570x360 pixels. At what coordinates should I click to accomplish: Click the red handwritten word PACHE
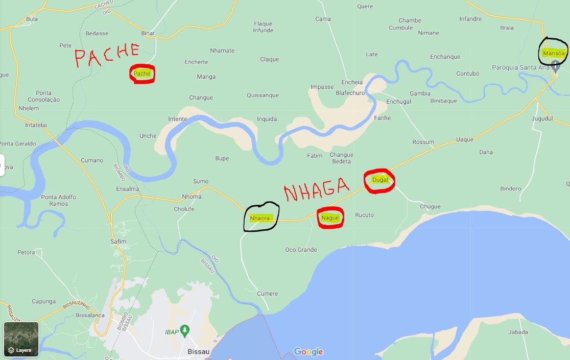(107, 55)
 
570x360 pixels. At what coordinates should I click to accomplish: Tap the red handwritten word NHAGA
(317, 190)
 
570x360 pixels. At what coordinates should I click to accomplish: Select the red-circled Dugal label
(380, 180)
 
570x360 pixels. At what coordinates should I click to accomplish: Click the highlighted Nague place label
(330, 218)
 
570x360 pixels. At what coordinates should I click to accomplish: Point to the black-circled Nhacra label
(260, 218)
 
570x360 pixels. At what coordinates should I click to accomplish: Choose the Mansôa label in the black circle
(554, 53)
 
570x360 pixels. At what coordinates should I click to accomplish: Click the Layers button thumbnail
(21, 339)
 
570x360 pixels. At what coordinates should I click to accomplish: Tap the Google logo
(308, 352)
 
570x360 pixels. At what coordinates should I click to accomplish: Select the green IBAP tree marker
(185, 330)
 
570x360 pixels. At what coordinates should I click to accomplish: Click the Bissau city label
(199, 352)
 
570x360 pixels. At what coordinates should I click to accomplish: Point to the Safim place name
(118, 242)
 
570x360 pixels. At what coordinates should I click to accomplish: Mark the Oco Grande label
(301, 250)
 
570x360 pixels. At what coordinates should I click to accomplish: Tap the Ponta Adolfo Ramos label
(59, 200)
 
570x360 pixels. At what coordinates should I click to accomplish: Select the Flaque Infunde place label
(263, 27)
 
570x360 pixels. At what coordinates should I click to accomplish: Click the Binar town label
(148, 33)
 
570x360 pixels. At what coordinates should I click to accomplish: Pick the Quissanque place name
(263, 95)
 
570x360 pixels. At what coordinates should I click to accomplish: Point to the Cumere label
(268, 294)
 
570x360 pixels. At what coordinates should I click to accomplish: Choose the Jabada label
(518, 332)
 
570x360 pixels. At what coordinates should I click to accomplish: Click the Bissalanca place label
(90, 315)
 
